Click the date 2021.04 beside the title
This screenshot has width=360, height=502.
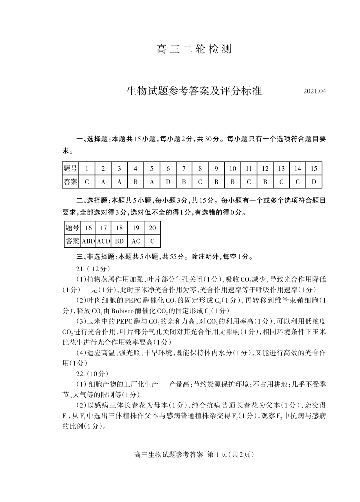(x=314, y=92)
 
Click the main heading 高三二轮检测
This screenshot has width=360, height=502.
(x=194, y=50)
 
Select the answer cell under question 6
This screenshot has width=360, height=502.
(x=168, y=182)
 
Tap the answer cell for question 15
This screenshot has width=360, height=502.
(x=314, y=182)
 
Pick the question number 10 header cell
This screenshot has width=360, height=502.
(x=233, y=169)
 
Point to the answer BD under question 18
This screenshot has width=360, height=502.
(x=119, y=241)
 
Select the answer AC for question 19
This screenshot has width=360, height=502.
(x=136, y=241)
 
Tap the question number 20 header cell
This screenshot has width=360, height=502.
(x=152, y=228)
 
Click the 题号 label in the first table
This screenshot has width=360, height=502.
(x=70, y=169)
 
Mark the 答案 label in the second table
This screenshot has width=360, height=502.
(x=72, y=241)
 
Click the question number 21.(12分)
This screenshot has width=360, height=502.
(x=86, y=269)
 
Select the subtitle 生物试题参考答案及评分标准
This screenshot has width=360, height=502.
(x=194, y=92)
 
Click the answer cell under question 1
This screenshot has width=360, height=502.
(x=87, y=182)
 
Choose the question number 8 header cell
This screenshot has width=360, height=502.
(x=200, y=169)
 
